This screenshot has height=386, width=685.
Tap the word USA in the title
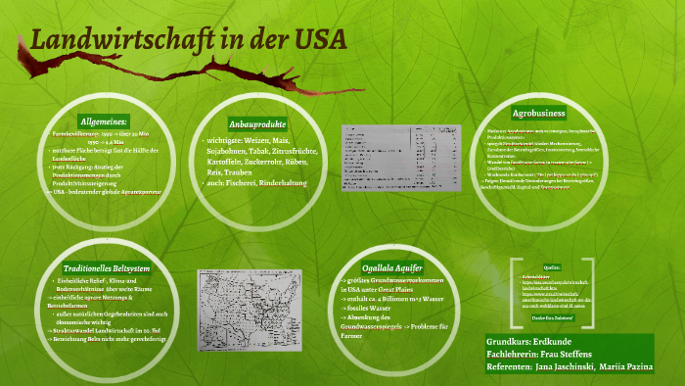319,42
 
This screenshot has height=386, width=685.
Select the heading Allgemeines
102,120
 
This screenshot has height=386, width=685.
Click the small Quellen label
552,267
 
